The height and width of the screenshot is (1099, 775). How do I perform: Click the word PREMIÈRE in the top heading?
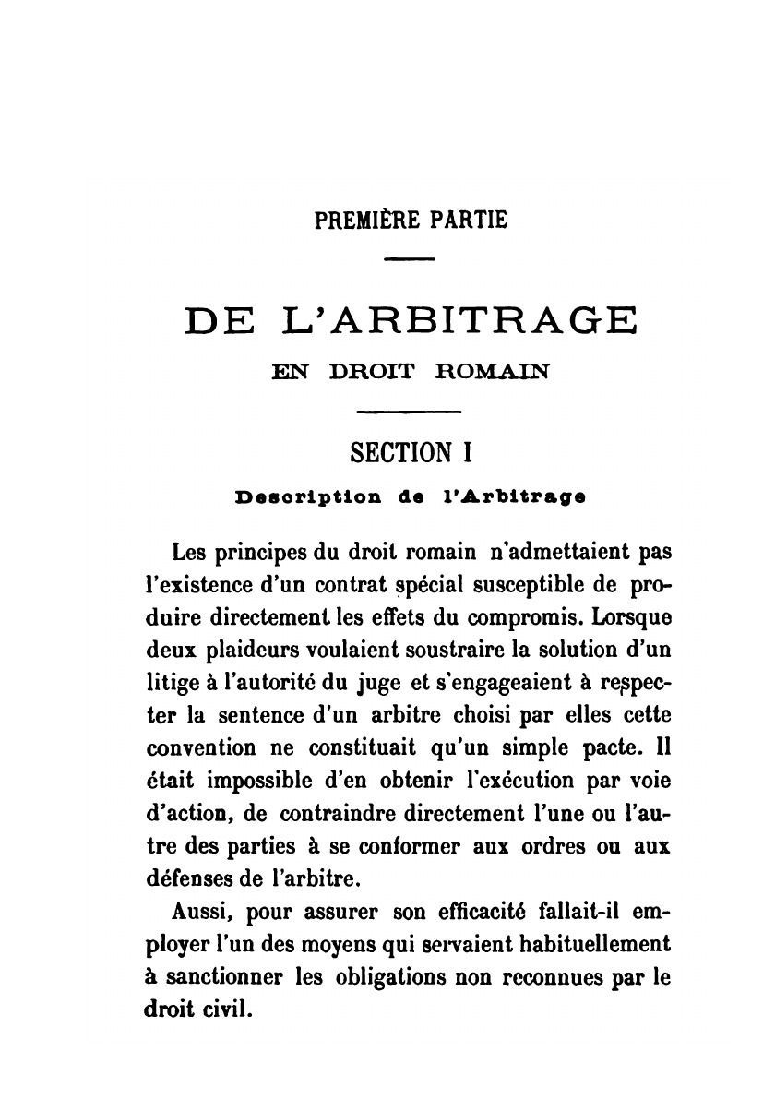point(365,221)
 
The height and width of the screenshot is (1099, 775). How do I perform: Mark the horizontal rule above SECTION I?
point(409,411)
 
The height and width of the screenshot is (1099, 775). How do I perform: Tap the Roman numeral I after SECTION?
point(468,453)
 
